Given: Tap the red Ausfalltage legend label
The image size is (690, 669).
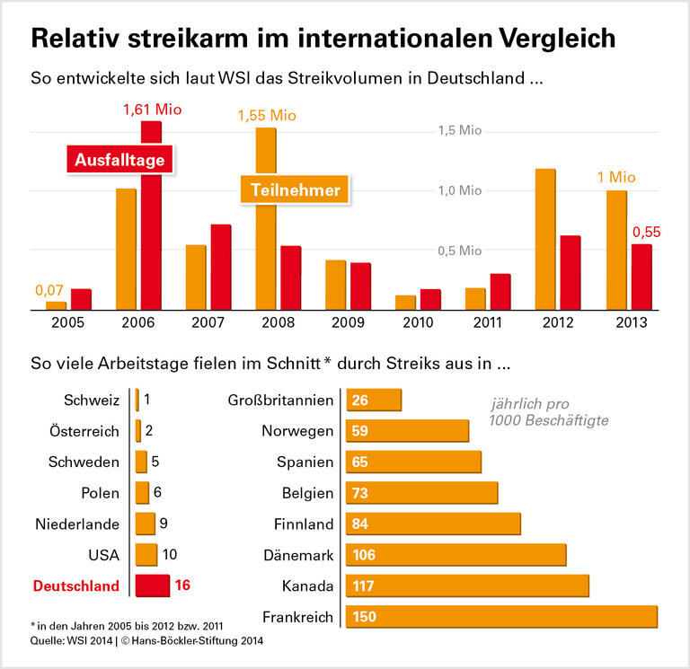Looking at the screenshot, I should click(119, 160).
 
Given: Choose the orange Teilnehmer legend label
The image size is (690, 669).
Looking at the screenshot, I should click(295, 189).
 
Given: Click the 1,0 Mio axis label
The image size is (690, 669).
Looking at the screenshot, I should click(460, 190).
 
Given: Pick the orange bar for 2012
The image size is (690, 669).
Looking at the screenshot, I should click(544, 239).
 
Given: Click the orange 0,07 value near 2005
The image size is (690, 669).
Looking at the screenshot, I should click(49, 290).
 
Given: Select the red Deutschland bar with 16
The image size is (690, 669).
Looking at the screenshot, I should click(152, 585).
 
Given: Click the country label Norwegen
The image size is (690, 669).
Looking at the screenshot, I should click(297, 431).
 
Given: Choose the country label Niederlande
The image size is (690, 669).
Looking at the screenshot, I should click(77, 524).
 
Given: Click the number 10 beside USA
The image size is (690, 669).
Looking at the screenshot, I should click(171, 554).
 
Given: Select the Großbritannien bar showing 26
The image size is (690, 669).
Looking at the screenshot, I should click(373, 400).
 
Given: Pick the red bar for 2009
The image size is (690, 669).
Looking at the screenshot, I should click(360, 286).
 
